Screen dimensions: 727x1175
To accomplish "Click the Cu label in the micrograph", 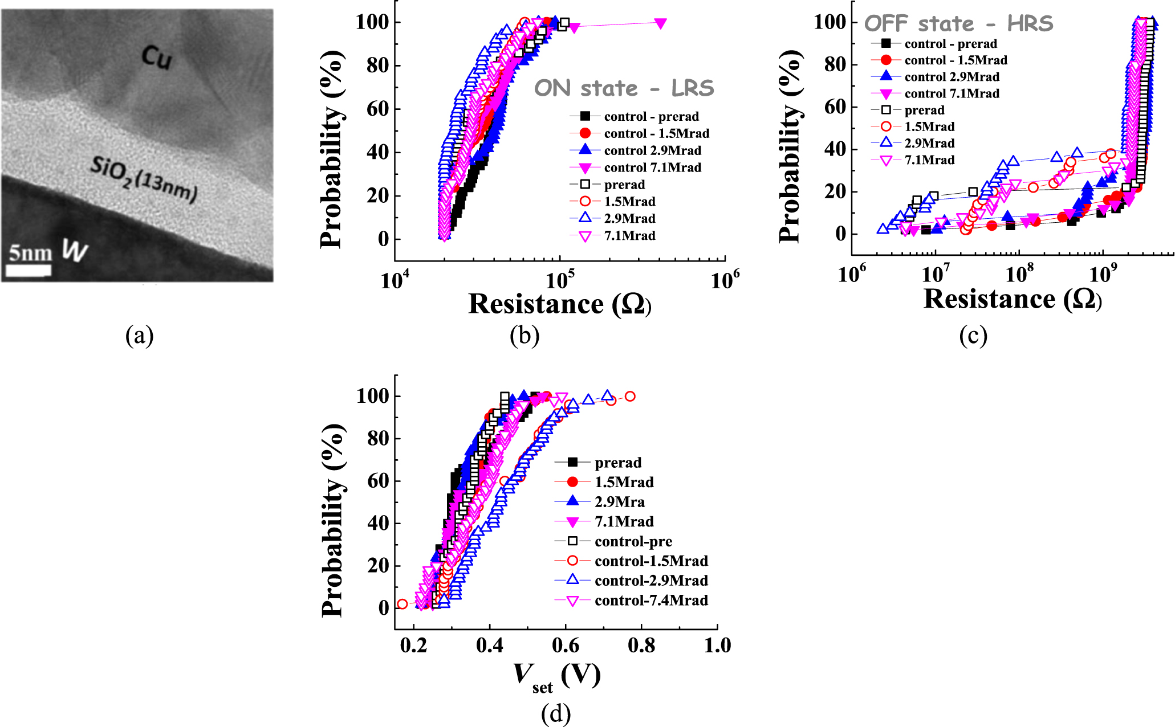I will [156, 58].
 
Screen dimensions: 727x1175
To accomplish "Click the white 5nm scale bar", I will [30, 270].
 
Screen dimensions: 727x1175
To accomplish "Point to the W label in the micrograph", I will [74, 250].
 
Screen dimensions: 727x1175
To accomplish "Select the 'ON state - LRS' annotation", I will [624, 88].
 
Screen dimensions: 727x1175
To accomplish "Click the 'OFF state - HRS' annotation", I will [958, 23].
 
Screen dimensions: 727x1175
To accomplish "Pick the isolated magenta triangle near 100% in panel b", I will [660, 23].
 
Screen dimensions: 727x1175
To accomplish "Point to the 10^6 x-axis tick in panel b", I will [725, 280].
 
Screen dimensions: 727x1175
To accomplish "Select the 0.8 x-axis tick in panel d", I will [641, 646].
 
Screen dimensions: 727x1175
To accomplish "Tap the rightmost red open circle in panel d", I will [629, 397].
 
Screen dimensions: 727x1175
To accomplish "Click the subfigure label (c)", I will [973, 336].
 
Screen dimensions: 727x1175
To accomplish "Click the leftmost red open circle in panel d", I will [402, 604].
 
